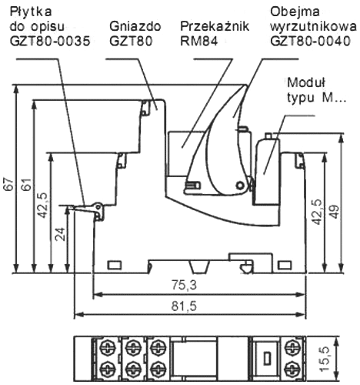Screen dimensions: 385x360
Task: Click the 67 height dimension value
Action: click(8, 185)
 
